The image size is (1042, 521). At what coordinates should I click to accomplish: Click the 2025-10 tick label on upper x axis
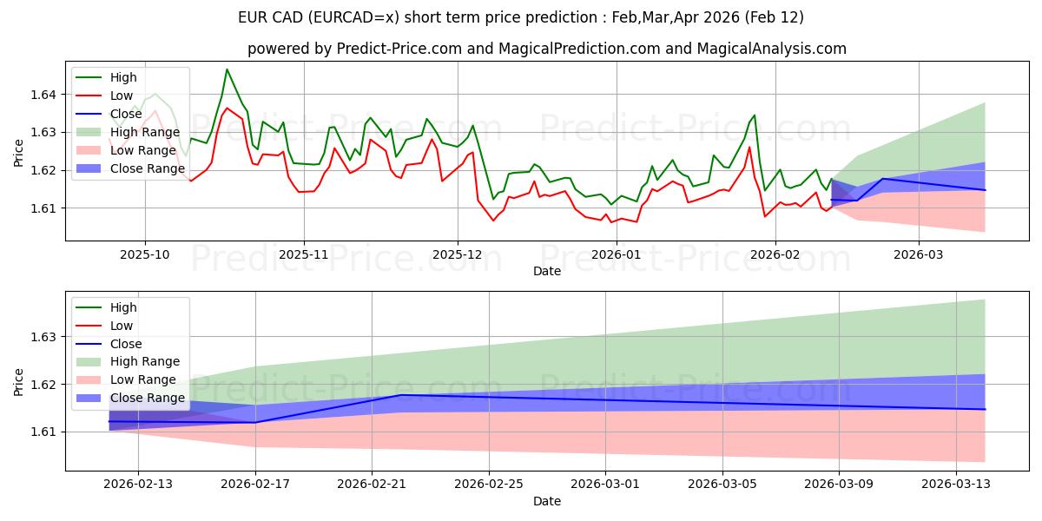coord(144,255)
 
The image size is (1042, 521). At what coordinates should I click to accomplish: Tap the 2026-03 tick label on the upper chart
coord(917,255)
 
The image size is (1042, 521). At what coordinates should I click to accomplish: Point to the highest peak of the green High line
coord(227,69)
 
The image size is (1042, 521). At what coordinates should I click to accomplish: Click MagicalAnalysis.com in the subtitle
coord(774,49)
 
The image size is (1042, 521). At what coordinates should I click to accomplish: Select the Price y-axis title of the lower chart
coord(19,383)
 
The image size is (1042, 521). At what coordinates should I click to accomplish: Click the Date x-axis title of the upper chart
coord(547,271)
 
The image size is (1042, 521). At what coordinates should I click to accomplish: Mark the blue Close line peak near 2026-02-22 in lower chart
coord(400,395)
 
